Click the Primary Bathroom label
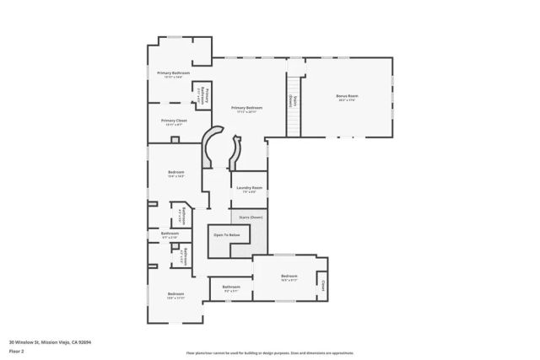click(x=173, y=73)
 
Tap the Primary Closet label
click(x=175, y=121)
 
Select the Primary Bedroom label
click(x=246, y=108)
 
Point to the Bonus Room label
click(x=346, y=97)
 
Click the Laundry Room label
click(x=249, y=187)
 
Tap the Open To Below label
click(x=226, y=235)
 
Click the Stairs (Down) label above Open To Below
click(x=251, y=217)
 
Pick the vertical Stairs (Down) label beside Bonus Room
click(x=290, y=100)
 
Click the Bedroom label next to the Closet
click(x=289, y=277)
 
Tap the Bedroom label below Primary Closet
click(x=175, y=173)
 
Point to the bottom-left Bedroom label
click(x=175, y=294)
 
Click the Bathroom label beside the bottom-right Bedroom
click(x=232, y=287)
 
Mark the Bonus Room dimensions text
click(x=346, y=101)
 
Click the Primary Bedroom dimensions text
click(x=246, y=112)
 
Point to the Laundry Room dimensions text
click(x=249, y=191)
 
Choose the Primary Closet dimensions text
click(x=175, y=125)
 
